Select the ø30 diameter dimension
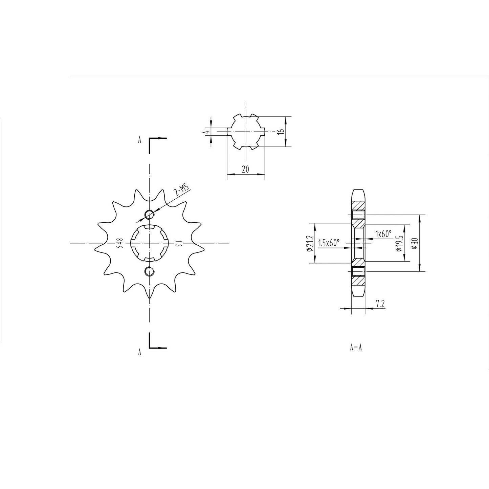416,243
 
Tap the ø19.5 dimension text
399,243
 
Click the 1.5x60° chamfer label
329,243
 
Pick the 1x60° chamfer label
383,234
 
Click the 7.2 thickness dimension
380,304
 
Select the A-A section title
356,348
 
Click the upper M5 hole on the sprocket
149,214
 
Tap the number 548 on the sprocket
119,243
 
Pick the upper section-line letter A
139,140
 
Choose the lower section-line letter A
139,353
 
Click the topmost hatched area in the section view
358,205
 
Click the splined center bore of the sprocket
149,243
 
